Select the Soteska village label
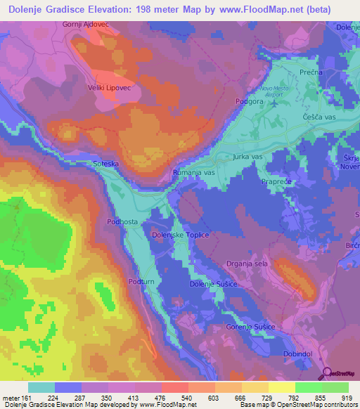click(x=107, y=164)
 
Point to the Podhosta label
click(x=122, y=221)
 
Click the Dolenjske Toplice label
click(x=181, y=235)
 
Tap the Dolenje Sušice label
click(x=212, y=283)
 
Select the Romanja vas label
click(x=193, y=172)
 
